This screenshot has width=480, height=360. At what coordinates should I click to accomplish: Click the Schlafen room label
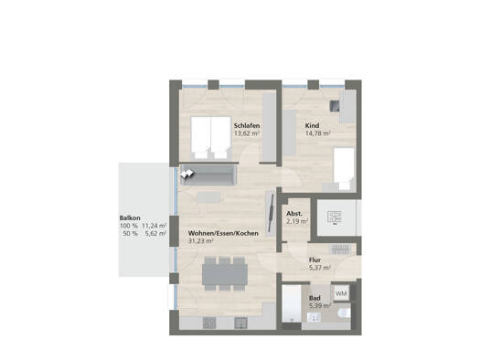coord(247,125)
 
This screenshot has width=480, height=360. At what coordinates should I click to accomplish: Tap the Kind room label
coord(312,125)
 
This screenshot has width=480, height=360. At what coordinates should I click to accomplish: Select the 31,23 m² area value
coord(200,240)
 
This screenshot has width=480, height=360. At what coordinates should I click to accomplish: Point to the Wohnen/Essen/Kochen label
coord(223,233)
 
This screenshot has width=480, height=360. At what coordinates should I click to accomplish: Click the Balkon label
coord(130,218)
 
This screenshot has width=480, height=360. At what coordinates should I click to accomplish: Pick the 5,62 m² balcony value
coord(155,233)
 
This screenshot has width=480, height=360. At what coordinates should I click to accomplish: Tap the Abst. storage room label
coord(294,214)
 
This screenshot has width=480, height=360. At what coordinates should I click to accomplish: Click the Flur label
coord(315,260)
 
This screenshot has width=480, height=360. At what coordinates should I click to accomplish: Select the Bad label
coord(315,298)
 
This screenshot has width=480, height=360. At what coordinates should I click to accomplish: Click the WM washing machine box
coord(341,293)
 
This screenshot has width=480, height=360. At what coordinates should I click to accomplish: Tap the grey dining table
coord(225,274)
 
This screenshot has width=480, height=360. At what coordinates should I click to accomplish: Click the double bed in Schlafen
coord(210,137)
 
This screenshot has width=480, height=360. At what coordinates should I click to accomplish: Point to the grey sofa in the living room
coord(208,175)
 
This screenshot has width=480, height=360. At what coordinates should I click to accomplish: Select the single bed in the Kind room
coord(344,168)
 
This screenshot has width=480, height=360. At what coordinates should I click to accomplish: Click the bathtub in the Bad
coord(292,303)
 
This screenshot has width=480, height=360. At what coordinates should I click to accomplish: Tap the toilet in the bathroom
coord(345,312)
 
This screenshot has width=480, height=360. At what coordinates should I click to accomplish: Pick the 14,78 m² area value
coord(318,133)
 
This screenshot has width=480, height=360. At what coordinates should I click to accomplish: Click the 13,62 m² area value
coord(247,133)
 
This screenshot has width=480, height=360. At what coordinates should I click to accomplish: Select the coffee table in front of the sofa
coord(208,197)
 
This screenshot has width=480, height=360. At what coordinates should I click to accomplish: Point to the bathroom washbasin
coord(314,317)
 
